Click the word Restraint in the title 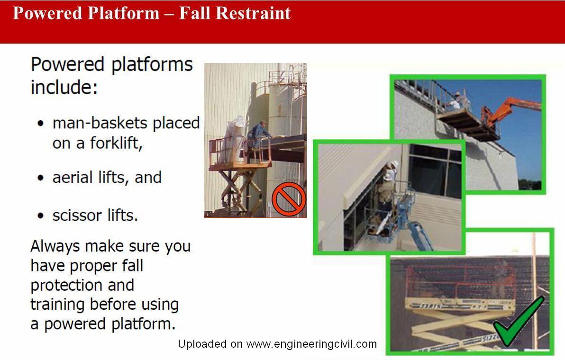(x=253, y=13)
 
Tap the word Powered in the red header (x=47, y=13)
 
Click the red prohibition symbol (x=289, y=199)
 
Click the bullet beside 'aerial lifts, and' (x=40, y=178)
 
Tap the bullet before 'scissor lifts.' (x=40, y=216)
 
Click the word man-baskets (x=100, y=123)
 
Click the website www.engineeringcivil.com (x=311, y=344)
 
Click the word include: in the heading (x=64, y=88)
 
